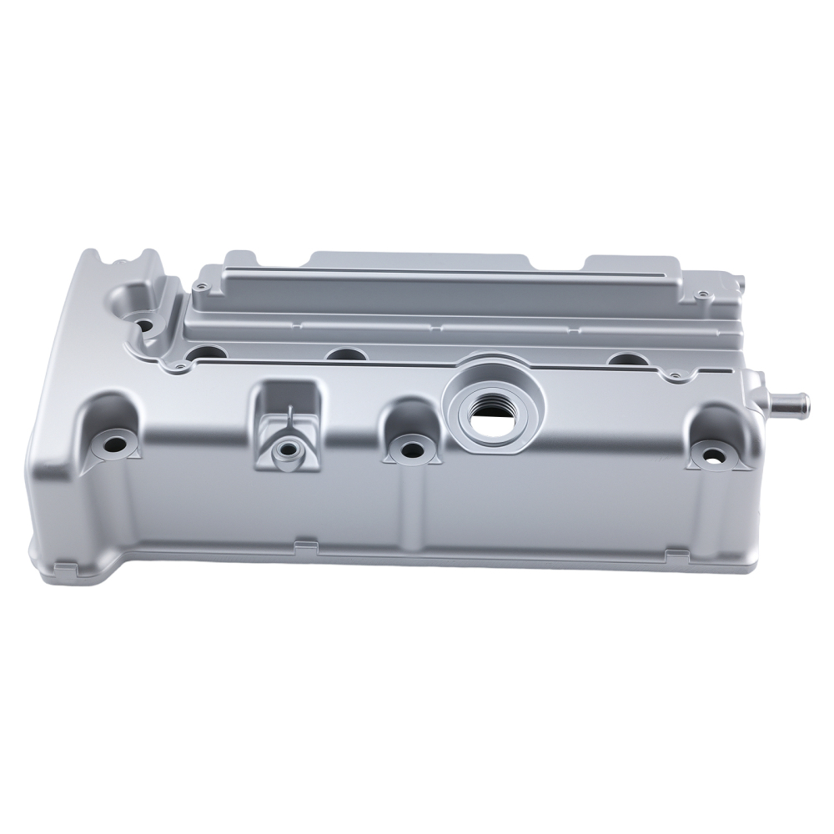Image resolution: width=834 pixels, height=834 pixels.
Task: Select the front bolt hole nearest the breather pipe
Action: click(x=713, y=455)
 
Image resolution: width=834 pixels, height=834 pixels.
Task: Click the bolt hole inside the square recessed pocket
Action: click(x=288, y=450)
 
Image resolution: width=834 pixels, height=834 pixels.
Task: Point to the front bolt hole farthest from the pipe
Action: click(x=113, y=445)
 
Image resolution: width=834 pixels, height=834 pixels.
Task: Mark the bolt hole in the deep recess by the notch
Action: click(x=143, y=323)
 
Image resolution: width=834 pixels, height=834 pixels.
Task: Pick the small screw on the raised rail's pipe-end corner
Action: click(x=703, y=294)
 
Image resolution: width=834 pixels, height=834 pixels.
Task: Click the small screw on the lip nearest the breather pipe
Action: click(x=673, y=377)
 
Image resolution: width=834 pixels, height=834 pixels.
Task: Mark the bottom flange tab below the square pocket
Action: click(x=304, y=546)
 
